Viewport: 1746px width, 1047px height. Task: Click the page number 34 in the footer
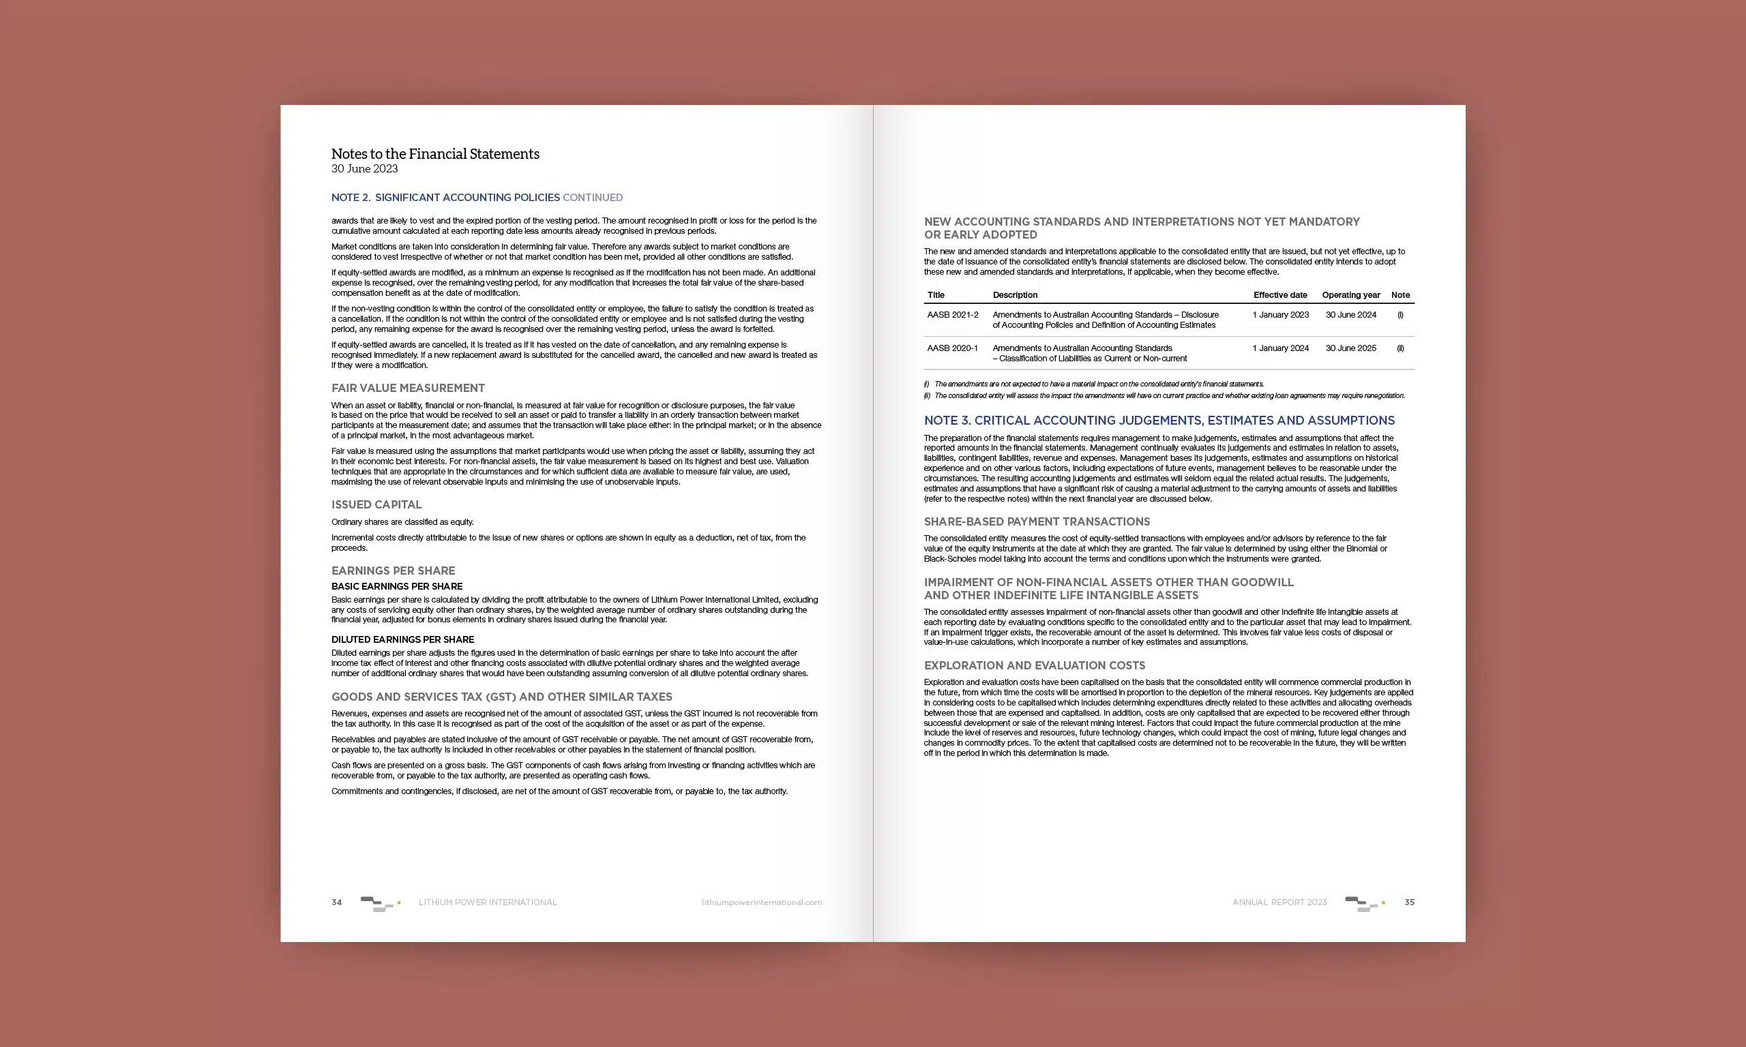[x=337, y=902]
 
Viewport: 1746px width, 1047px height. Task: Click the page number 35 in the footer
[x=1409, y=902]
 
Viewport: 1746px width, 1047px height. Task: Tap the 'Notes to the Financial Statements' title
[x=434, y=154]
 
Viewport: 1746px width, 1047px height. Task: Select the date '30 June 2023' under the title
[x=364, y=168]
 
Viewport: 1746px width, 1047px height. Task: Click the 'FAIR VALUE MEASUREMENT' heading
[x=408, y=388]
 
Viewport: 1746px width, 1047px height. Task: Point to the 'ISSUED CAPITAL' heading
[x=376, y=504]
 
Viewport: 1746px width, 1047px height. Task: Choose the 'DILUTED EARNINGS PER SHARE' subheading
[x=402, y=640]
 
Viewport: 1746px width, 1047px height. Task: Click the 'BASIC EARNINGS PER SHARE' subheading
[x=397, y=586]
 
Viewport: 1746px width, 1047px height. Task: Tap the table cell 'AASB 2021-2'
[x=952, y=315]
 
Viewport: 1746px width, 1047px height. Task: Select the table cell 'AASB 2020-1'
[x=952, y=348]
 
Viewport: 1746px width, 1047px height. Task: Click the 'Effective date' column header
[x=1279, y=295]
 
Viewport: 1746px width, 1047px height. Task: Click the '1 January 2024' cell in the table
[x=1280, y=348]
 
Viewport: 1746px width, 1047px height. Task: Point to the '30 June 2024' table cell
[x=1350, y=315]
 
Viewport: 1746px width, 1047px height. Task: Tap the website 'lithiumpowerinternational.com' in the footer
[x=762, y=902]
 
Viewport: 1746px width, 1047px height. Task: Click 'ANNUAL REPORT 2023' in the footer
[x=1279, y=902]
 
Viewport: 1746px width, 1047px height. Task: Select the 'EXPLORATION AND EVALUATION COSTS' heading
[x=1034, y=665]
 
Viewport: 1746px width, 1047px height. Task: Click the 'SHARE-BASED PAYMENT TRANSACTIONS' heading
[x=1036, y=521]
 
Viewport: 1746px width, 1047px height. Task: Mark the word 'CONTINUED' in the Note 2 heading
[x=592, y=198]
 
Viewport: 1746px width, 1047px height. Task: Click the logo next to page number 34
[x=380, y=903]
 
